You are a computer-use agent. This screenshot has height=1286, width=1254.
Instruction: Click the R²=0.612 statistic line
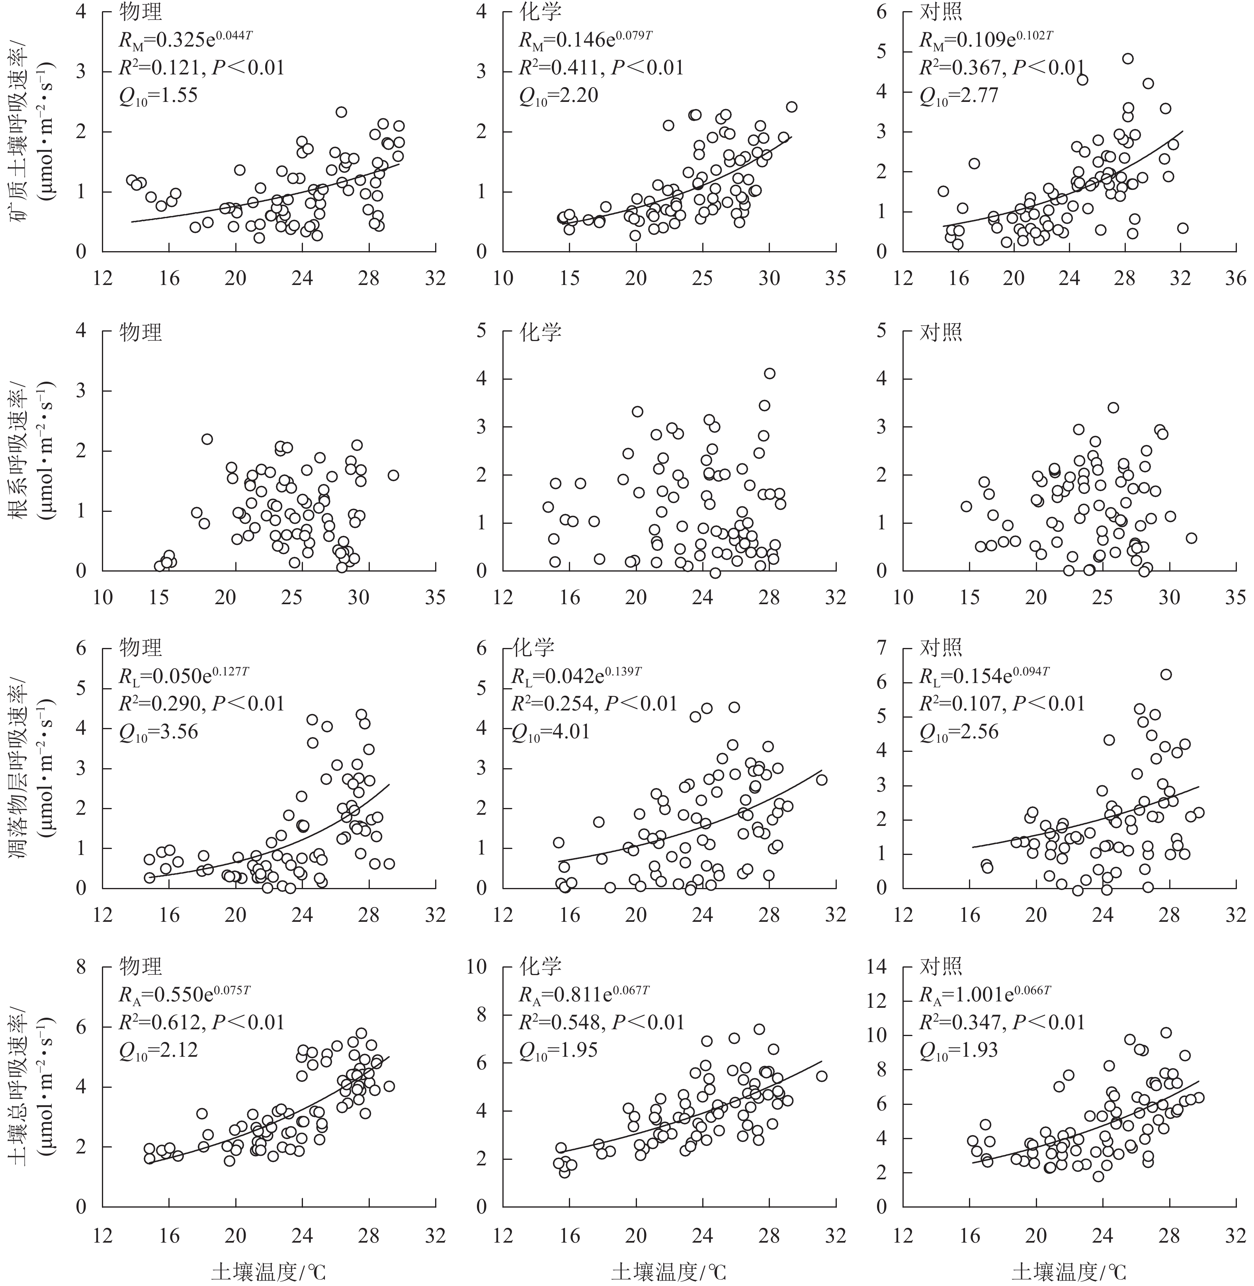[x=201, y=1022]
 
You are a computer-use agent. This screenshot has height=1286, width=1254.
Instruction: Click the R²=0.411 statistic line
[x=601, y=68]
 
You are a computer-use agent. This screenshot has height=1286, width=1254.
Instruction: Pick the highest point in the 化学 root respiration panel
[x=769, y=373]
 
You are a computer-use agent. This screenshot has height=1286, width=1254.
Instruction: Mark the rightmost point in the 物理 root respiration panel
[x=393, y=475]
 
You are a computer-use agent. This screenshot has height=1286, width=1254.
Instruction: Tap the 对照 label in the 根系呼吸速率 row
[x=940, y=332]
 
